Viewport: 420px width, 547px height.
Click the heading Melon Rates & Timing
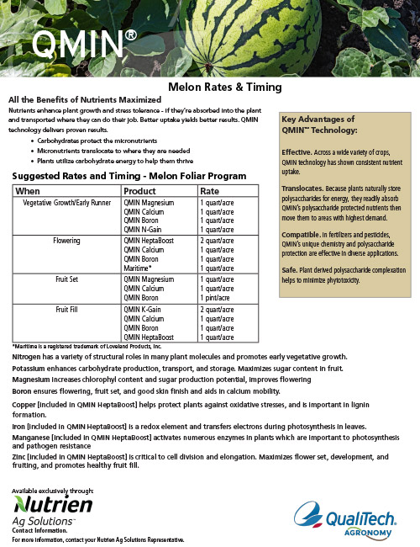[x=224, y=87]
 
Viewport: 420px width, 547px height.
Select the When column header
[x=30, y=191]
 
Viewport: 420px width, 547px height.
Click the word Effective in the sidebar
[x=296, y=151]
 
